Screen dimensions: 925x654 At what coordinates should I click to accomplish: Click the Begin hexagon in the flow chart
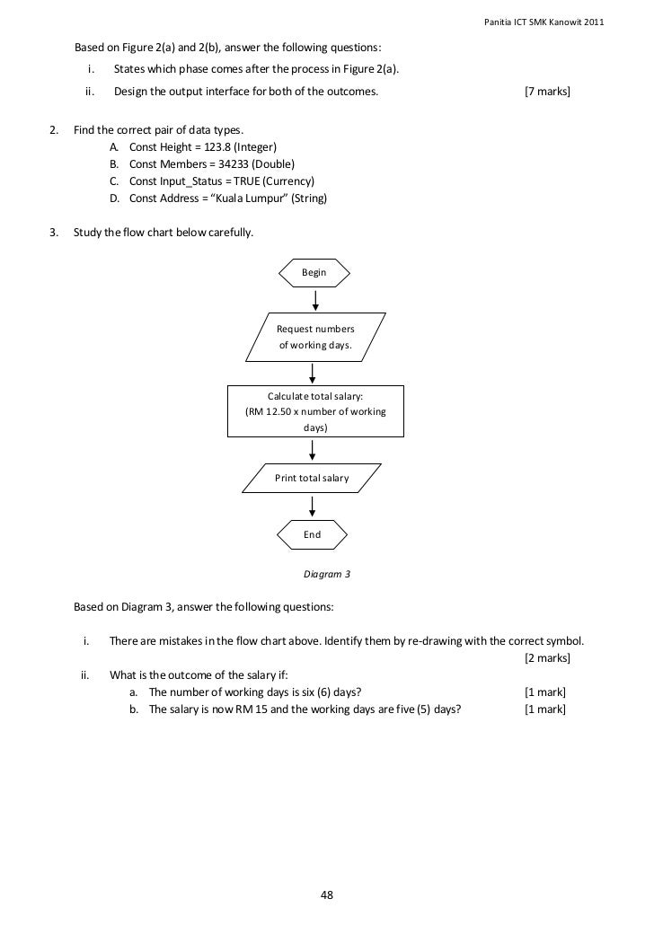point(314,272)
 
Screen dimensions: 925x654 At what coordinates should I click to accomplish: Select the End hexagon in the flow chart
point(312,533)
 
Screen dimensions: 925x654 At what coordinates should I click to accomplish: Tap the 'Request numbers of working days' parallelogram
point(314,337)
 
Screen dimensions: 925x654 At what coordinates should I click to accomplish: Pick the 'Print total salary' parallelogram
point(311,478)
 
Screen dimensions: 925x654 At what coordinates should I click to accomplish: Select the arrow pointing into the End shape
point(312,506)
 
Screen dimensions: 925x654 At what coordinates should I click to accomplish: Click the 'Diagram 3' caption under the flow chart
point(327,572)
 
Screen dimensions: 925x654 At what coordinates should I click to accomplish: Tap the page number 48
point(327,894)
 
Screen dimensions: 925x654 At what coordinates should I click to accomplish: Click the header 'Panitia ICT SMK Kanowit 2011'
point(544,22)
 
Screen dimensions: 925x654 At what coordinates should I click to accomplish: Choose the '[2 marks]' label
point(547,657)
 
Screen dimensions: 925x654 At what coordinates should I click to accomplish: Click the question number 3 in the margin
point(53,233)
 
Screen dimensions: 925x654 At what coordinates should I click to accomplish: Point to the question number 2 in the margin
point(53,130)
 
